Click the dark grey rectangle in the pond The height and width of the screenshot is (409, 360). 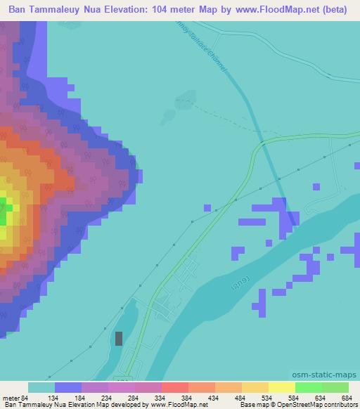click(x=118, y=339)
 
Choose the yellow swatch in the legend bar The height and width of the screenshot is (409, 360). click(x=281, y=387)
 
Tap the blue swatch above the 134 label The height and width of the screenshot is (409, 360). click(x=68, y=387)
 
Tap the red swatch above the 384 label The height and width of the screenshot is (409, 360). click(x=174, y=387)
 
